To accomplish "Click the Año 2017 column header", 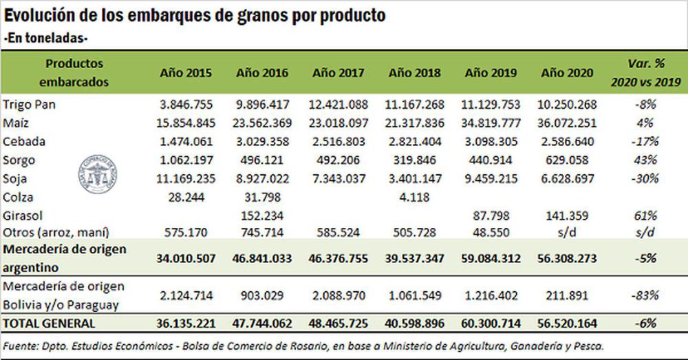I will pos(338,73).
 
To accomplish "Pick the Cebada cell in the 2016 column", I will pos(261,142).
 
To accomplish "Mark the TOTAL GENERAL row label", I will pos(50,322).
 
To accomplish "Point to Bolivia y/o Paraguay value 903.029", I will pos(261,295).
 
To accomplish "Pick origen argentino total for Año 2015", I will pos(185,258).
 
